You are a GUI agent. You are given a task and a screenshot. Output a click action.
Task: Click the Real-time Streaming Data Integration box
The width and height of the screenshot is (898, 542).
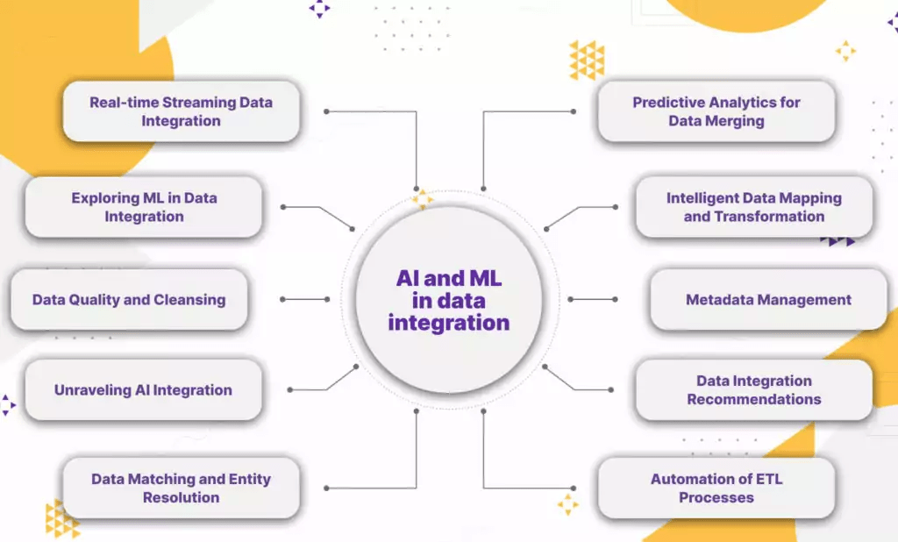coord(181,111)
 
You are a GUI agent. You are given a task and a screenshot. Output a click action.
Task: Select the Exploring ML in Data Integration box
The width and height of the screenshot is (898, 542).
coord(144,207)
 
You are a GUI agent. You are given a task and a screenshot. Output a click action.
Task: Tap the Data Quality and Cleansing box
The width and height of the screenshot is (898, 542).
coord(129,300)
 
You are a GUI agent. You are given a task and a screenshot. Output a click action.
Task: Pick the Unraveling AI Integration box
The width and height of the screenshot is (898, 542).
coord(143,390)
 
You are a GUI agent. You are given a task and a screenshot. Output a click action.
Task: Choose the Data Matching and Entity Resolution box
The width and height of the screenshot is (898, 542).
coord(181,488)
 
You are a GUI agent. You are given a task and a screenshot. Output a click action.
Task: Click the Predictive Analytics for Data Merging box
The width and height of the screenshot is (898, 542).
coord(716,111)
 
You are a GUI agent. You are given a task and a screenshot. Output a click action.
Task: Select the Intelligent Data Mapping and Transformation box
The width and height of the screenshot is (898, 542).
coord(753,207)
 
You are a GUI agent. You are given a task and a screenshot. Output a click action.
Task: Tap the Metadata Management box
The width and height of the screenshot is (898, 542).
coord(768,300)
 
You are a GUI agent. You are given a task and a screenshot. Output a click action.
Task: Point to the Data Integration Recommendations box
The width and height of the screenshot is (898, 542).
coord(753,390)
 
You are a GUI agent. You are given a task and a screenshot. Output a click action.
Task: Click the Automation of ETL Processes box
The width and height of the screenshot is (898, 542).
coord(716,488)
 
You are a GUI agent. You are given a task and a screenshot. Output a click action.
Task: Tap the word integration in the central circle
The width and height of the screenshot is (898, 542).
coord(448,323)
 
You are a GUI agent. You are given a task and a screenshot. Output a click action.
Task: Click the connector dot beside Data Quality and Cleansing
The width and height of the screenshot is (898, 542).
coord(282,300)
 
